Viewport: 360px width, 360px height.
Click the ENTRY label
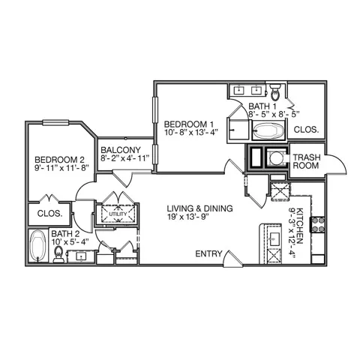208,253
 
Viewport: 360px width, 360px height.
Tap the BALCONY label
121,150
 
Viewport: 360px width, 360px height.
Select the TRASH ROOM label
307,161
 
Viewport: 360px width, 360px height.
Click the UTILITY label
118,214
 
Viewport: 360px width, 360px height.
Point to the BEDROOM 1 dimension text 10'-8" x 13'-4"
190,132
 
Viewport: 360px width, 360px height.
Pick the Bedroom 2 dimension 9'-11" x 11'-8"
62,167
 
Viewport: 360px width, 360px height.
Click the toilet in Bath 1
275,92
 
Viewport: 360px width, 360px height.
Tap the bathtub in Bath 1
268,131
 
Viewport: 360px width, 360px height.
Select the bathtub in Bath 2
37,246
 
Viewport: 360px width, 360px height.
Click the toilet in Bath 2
58,254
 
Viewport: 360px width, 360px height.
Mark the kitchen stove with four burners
318,224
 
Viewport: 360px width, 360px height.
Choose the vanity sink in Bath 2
82,256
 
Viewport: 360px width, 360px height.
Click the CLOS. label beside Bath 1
306,130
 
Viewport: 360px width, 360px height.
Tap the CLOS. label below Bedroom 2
49,214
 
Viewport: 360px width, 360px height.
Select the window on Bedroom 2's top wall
55,122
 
